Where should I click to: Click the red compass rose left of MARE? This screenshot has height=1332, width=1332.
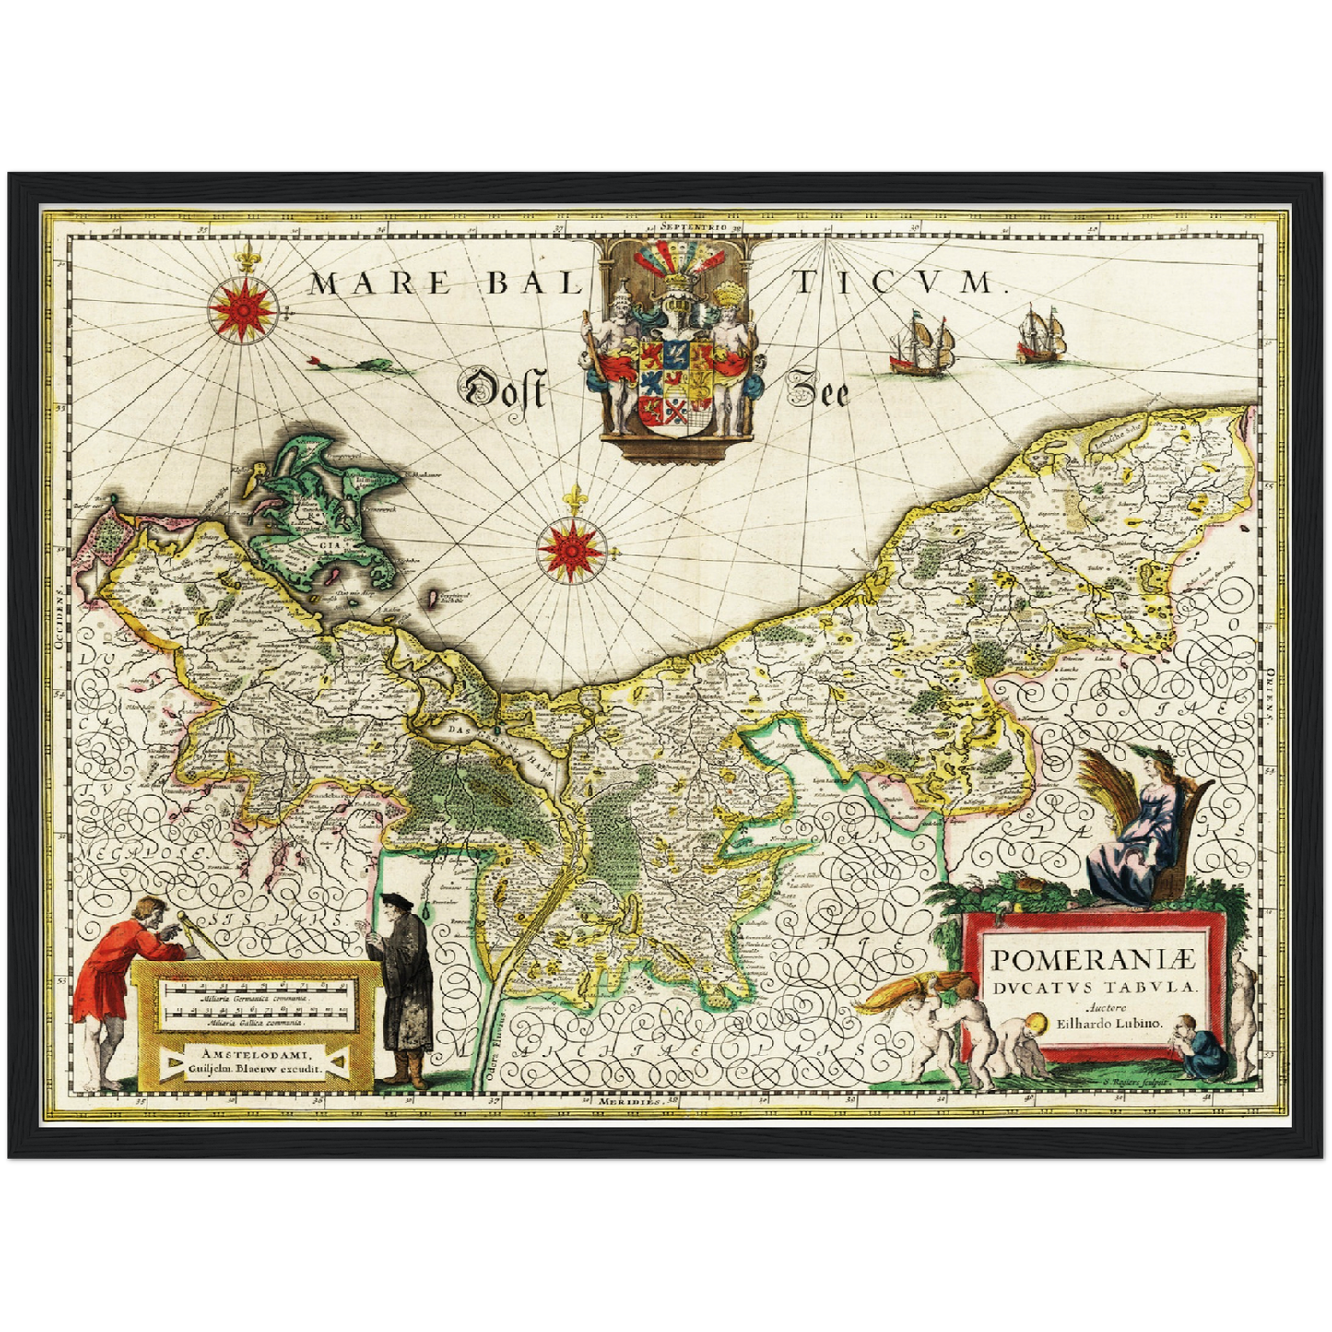click(x=242, y=308)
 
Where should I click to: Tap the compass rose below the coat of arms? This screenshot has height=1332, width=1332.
click(x=572, y=549)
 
